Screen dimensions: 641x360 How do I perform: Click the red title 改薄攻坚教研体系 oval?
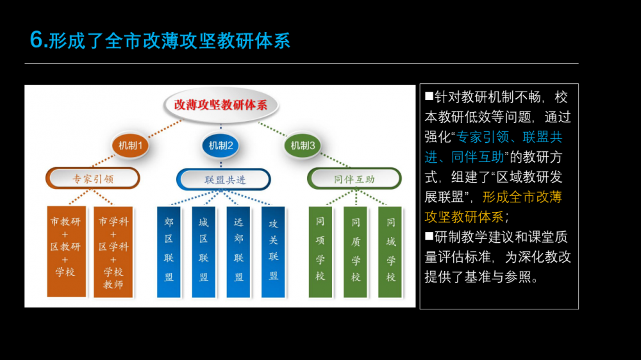pos(221,105)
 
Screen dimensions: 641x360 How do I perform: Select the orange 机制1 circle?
pos(130,145)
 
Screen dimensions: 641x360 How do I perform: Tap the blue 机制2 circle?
pos(221,145)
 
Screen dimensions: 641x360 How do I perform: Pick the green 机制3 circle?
pos(303,145)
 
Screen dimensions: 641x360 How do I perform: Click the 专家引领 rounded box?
pos(93,179)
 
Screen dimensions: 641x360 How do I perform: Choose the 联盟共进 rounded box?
pos(224,179)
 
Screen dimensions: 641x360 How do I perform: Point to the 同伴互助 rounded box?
pos(354,179)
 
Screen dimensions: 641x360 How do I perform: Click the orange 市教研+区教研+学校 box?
pos(66,251)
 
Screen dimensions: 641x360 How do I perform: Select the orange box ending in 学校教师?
pos(113,252)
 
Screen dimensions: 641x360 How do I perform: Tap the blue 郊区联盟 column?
pos(169,252)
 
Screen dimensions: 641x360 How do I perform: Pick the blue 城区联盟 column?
pos(204,252)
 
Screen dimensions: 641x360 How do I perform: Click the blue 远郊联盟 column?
pos(238,252)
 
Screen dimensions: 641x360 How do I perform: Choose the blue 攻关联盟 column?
pos(273,252)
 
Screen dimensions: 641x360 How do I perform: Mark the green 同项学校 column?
pos(320,252)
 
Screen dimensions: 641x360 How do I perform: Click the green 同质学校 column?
pos(355,252)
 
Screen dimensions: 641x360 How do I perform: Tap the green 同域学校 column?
pos(390,252)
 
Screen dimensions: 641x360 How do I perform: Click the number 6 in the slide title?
pos(37,40)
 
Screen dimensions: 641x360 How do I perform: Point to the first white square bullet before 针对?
pos(429,96)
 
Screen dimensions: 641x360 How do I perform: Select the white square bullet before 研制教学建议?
pos(429,236)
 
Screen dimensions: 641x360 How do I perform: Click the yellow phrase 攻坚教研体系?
pos(464,217)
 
